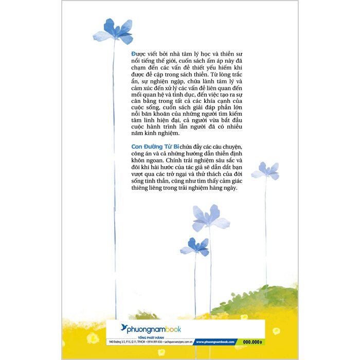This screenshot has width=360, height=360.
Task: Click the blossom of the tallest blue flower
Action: coord(114,31)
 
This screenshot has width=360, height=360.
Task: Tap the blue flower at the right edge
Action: coord(266,170)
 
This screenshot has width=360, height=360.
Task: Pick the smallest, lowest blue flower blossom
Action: coord(195,246)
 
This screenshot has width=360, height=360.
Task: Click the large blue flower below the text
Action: coord(210,218)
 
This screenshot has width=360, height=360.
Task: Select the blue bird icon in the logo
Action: coord(124,328)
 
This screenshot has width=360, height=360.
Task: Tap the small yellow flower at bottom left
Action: coord(93,338)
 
